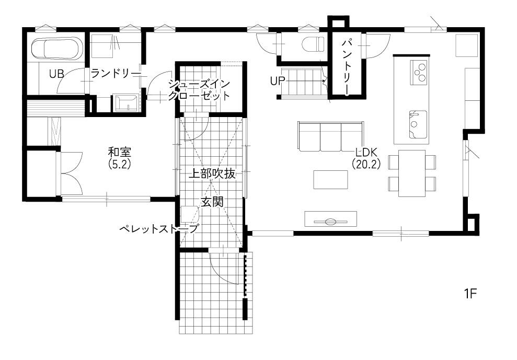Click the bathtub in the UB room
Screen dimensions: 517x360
click(56, 49)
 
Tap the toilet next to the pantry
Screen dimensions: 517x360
click(313, 44)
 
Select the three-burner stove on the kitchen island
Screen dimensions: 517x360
click(418, 73)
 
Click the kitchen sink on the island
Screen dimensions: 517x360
click(418, 124)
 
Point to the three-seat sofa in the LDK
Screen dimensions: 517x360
click(330, 136)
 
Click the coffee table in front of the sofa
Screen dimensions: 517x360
click(330, 180)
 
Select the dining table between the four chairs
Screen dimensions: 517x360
click(412, 173)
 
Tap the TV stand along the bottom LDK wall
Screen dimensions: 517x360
click(331, 219)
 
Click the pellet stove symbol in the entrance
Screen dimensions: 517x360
click(190, 215)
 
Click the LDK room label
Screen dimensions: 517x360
click(366, 153)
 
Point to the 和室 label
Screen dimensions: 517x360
click(120, 152)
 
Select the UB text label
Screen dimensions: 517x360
click(56, 74)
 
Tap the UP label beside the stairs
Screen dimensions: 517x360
click(278, 81)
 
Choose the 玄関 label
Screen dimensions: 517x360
click(212, 202)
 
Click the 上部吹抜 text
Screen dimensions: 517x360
click(212, 174)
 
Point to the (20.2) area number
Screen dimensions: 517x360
click(366, 164)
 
